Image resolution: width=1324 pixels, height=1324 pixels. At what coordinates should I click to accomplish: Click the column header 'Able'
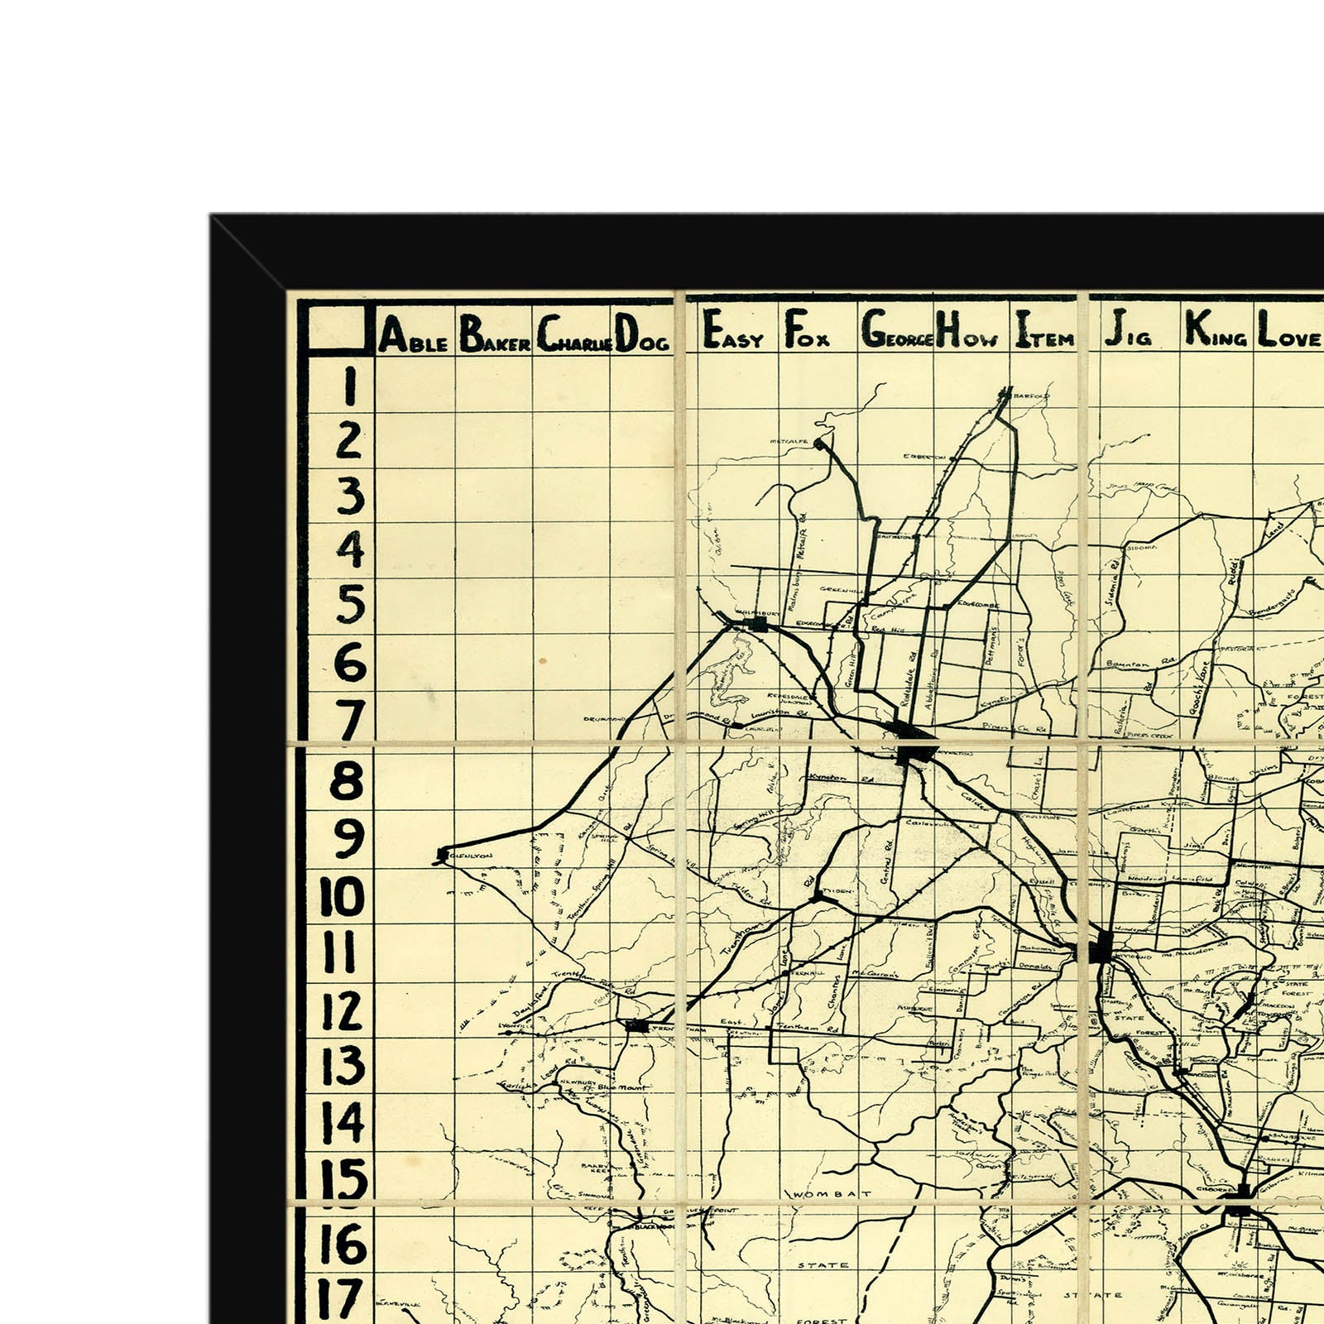(414, 336)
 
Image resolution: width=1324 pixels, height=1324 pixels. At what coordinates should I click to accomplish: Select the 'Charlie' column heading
(574, 336)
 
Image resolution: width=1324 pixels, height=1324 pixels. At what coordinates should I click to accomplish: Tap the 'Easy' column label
(732, 333)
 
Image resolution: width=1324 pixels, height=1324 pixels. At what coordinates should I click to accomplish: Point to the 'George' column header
(897, 333)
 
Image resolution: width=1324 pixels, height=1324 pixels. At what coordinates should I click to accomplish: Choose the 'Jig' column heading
(1127, 332)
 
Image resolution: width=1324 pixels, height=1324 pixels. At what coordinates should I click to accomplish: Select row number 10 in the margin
(342, 896)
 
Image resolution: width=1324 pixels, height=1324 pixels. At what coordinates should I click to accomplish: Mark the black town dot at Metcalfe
(820, 444)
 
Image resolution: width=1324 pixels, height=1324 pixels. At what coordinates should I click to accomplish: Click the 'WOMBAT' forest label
(832, 1194)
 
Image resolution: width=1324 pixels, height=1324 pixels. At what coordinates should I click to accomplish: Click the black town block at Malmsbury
(758, 624)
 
